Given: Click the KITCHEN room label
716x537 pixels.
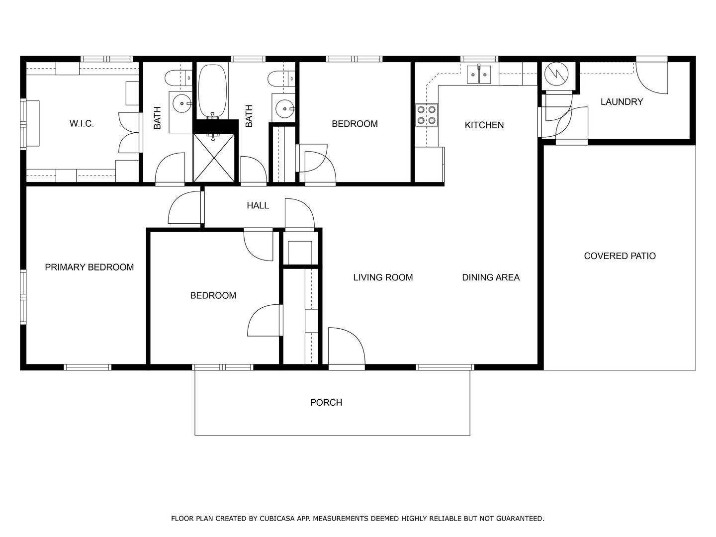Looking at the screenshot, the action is [x=484, y=125].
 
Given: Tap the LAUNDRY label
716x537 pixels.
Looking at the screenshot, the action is [x=622, y=102].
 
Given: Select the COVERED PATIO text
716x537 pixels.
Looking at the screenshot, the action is [x=620, y=256].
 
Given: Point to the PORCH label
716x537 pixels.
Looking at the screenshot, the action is [x=326, y=403].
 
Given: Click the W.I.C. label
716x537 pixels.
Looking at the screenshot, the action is [x=82, y=124].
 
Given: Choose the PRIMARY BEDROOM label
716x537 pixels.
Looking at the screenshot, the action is [x=89, y=268].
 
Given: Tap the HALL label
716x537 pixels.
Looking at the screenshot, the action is [x=258, y=205].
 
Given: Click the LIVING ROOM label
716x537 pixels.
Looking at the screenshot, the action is [x=383, y=277].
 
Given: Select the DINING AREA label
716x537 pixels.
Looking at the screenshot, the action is [x=491, y=277].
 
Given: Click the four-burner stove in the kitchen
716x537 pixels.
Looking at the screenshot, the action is [x=426, y=115].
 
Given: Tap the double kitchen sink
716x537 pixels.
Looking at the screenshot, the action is [x=479, y=75].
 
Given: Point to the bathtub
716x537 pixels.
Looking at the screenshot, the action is [x=212, y=91].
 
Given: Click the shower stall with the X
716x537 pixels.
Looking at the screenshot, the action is [x=214, y=157].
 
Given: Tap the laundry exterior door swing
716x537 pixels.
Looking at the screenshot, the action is [x=652, y=78].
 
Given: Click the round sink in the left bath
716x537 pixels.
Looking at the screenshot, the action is [x=182, y=103].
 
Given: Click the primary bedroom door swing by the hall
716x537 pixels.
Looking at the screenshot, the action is [x=184, y=207].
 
